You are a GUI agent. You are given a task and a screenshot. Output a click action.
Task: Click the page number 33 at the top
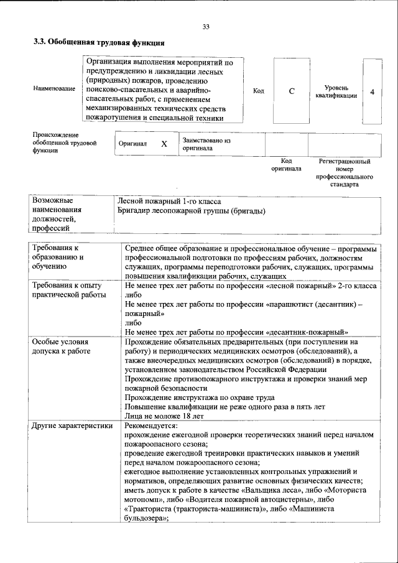point(206,26)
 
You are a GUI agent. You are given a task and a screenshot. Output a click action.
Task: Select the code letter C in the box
point(292,91)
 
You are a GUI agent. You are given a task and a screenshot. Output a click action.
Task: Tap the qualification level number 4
point(372,91)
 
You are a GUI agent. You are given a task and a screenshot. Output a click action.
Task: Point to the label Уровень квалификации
point(336,91)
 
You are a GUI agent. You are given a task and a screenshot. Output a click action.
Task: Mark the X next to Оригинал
point(164,144)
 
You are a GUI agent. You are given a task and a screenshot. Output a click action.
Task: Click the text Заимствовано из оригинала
point(206,144)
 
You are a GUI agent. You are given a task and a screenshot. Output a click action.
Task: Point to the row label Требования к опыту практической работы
point(67,289)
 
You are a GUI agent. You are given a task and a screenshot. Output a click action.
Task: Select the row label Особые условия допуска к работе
point(61,347)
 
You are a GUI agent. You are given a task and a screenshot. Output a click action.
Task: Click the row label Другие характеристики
point(72,426)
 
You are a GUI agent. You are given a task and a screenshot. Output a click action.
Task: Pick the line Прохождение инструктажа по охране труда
point(199,398)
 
